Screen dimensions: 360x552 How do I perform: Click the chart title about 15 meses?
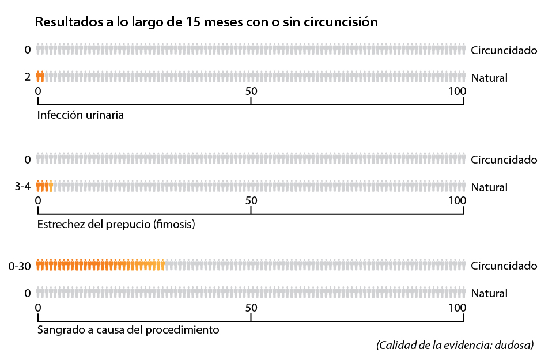pos(206,22)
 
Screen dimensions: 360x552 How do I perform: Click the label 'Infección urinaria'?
pos(80,114)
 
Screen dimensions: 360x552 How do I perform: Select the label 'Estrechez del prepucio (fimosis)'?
pos(116,224)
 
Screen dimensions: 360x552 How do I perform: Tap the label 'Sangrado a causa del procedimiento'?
pos(128,330)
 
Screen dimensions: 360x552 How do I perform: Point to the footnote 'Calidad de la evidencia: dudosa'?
pos(455,345)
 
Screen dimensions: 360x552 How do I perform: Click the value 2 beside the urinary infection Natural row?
pos(27,77)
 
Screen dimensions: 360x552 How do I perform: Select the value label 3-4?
pos(22,187)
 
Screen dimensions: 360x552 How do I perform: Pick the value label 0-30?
pos(19,266)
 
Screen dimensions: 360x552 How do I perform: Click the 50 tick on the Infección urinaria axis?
pos(251,91)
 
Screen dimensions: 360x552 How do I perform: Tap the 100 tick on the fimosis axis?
pos(458,200)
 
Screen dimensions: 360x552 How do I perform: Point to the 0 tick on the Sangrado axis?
pos(38,306)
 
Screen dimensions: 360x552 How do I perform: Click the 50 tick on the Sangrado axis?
pos(251,306)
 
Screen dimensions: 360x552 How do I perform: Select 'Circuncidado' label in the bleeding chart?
pos(504,266)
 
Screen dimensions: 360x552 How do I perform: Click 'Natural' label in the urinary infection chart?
pos(489,77)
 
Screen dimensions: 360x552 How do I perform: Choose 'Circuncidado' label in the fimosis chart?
pos(504,160)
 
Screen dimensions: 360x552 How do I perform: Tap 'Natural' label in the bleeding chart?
pos(489,293)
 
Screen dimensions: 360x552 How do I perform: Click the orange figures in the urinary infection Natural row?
pos(40,77)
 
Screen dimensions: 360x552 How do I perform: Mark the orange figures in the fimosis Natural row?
pos(44,186)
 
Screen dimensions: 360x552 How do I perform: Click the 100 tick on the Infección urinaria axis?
pos(458,91)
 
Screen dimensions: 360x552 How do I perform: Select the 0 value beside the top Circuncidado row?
pos(27,50)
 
